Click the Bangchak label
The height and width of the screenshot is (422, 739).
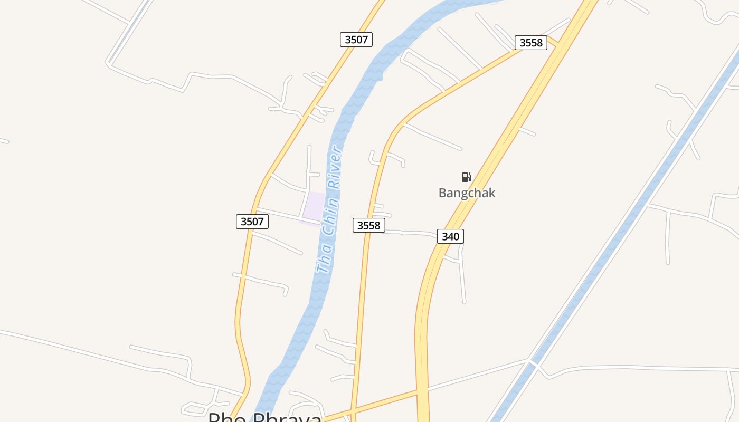[467, 193]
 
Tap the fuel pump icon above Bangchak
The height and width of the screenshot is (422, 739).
[466, 177]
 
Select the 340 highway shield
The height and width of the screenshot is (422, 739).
[450, 236]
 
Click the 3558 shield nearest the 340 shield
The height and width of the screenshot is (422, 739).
[369, 226]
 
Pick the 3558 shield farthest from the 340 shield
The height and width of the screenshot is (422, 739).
[531, 43]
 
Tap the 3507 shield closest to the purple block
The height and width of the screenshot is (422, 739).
[252, 222]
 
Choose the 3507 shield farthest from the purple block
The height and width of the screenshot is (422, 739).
[356, 40]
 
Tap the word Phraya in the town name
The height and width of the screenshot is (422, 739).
[288, 418]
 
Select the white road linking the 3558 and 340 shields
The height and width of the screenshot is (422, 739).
[412, 233]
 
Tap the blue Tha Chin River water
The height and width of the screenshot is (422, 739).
[296, 343]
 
